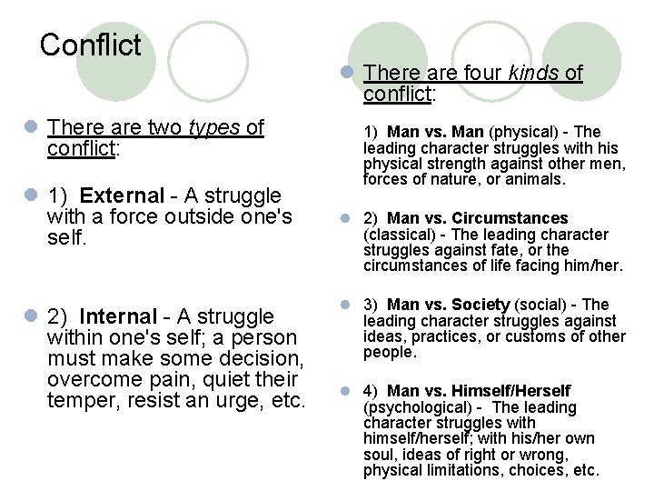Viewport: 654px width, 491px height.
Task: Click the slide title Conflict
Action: (91, 44)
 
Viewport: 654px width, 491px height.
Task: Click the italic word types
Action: (216, 127)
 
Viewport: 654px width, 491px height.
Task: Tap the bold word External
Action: (122, 196)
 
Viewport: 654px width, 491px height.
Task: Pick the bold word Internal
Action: (118, 316)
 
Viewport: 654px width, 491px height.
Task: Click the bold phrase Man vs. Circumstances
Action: (477, 218)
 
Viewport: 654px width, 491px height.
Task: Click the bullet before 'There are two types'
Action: (32, 128)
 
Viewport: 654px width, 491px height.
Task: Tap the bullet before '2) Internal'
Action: (32, 316)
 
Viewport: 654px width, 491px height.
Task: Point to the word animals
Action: (537, 180)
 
